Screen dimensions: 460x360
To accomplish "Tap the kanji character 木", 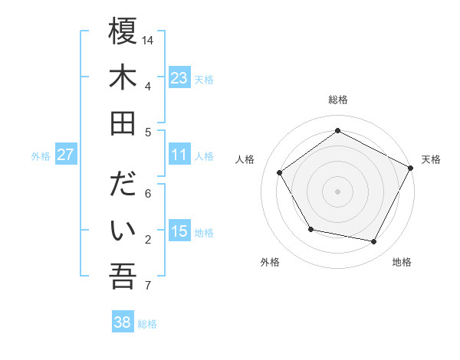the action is (123, 77).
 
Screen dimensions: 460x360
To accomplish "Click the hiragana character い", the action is (123, 230).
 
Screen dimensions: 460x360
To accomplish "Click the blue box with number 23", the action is (179, 78).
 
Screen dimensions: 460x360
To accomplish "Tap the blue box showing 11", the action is (179, 155).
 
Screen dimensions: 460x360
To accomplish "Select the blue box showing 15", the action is (179, 231).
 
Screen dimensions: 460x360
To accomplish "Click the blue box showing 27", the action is (65, 155).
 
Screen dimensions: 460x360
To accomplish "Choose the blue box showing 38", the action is (122, 322).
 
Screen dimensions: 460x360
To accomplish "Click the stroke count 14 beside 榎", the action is (148, 39).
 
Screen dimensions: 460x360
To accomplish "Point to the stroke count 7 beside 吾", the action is (148, 286).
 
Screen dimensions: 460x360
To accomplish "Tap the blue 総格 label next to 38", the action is (147, 324).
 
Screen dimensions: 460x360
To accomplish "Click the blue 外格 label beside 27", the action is (41, 156).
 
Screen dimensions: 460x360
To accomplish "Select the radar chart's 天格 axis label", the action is (432, 159).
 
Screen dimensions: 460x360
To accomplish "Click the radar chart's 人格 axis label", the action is (245, 159).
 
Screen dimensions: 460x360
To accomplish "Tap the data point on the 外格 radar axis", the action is (310, 229).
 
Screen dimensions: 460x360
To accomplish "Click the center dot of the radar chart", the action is (337, 191).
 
